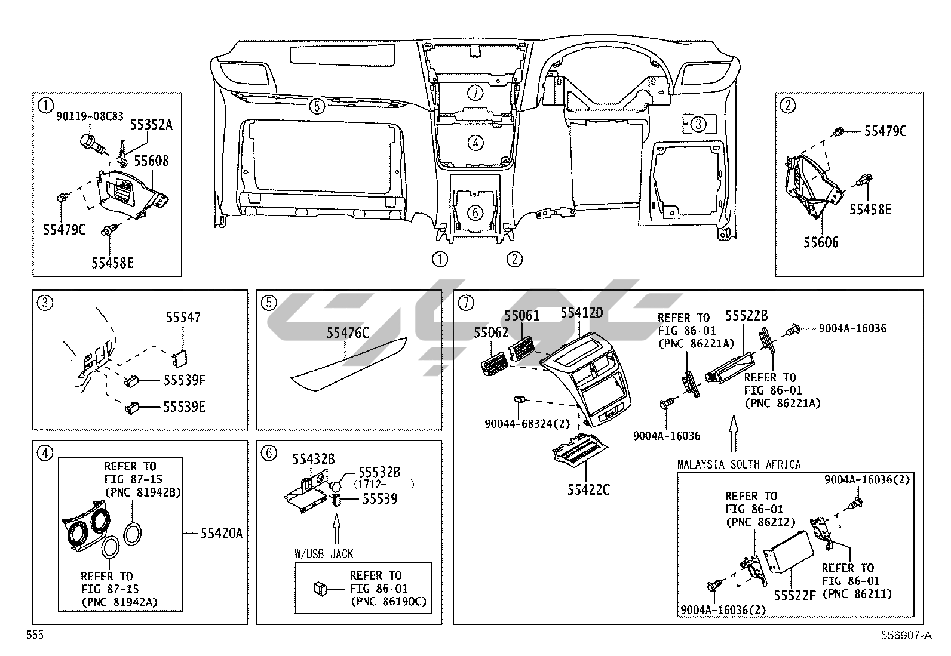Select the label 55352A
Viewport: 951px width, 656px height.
coord(152,125)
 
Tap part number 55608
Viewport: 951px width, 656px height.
coord(151,161)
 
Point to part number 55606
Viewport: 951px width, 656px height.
coord(821,242)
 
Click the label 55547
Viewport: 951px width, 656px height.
coord(183,318)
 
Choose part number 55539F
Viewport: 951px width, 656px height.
coord(185,380)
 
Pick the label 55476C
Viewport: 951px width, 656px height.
coord(348,333)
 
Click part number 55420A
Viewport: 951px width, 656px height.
coord(222,533)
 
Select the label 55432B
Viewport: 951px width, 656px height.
coord(313,459)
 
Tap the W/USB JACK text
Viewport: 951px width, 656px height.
coord(324,554)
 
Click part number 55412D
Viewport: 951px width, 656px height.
coord(582,313)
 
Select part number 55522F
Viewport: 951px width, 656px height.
coord(794,595)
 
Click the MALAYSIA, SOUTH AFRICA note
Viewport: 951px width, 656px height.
coord(739,464)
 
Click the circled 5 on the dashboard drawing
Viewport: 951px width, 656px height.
coord(317,106)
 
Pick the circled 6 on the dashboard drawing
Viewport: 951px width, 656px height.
coord(474,212)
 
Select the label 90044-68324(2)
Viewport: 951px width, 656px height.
coord(527,424)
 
